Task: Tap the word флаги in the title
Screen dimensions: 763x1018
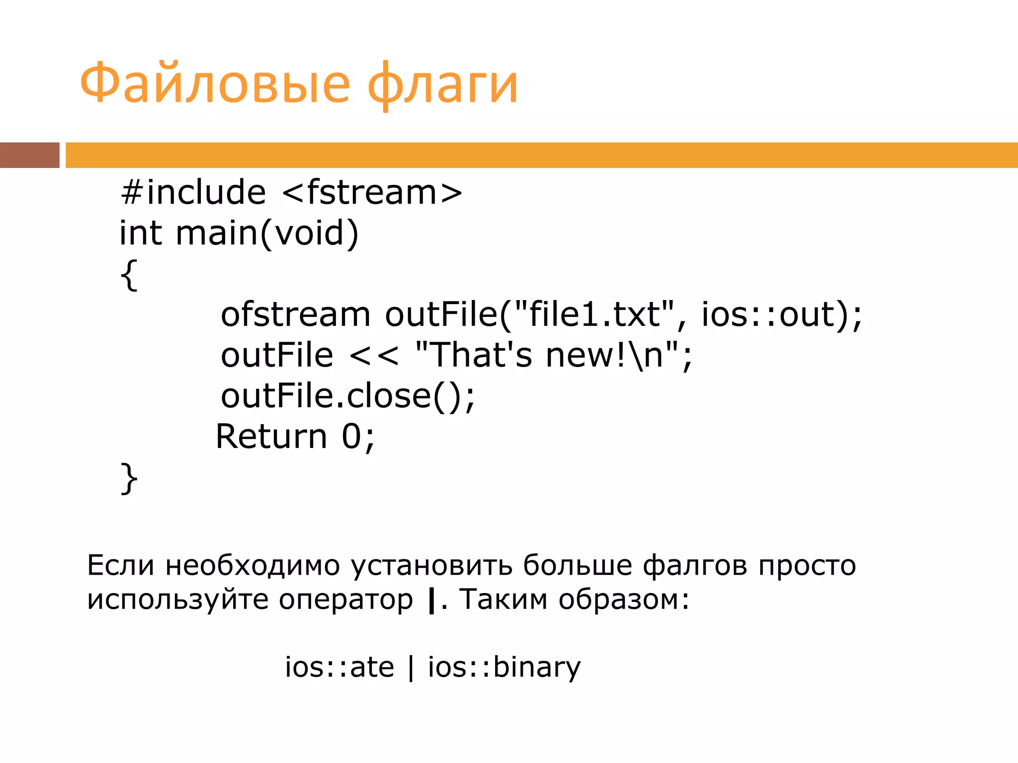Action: pyautogui.click(x=442, y=84)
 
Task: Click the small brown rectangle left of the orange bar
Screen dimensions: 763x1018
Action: pyautogui.click(x=29, y=155)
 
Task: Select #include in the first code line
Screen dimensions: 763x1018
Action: pyautogui.click(x=193, y=192)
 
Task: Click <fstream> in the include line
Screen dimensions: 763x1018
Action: pyautogui.click(x=372, y=192)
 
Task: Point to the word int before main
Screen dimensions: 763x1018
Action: pyautogui.click(x=141, y=233)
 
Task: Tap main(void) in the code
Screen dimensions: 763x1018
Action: pyautogui.click(x=267, y=233)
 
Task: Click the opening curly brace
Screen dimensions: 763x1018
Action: pyautogui.click(x=129, y=275)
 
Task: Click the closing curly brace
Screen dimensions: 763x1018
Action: pyautogui.click(x=129, y=478)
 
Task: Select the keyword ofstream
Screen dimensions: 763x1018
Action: pyautogui.click(x=295, y=314)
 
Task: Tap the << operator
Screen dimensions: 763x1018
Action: pyautogui.click(x=374, y=356)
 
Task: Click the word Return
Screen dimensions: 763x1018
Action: pyautogui.click(x=271, y=437)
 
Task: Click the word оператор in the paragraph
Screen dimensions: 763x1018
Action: pyautogui.click(x=345, y=600)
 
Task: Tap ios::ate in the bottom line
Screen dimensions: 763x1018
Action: pyautogui.click(x=339, y=667)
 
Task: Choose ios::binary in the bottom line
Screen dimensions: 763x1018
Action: pyautogui.click(x=504, y=667)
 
